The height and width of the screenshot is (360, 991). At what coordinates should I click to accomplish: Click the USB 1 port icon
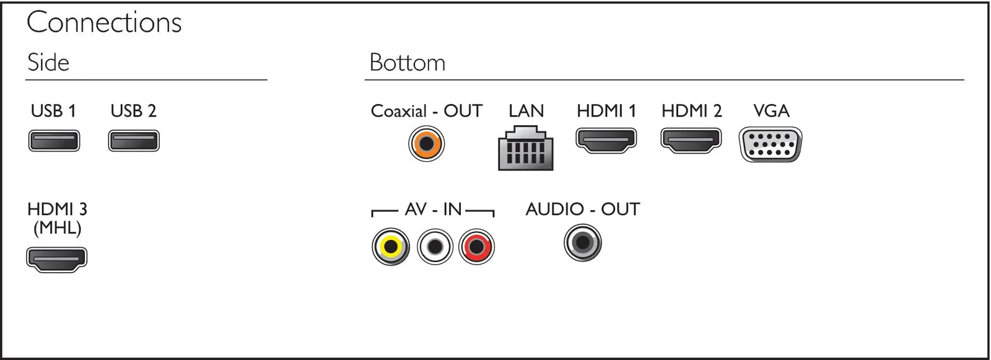pyautogui.click(x=54, y=141)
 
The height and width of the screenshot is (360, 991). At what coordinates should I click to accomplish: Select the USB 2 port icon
pyautogui.click(x=134, y=141)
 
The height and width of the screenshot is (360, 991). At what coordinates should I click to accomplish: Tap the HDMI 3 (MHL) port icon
pyautogui.click(x=56, y=260)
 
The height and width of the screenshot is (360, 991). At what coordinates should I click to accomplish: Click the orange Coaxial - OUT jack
pyautogui.click(x=426, y=144)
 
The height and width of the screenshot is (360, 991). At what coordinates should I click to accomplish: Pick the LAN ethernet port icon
pyautogui.click(x=526, y=148)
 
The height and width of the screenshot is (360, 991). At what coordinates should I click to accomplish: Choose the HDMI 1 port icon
pyautogui.click(x=606, y=141)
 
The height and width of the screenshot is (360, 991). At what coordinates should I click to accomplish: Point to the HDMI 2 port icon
pyautogui.click(x=691, y=141)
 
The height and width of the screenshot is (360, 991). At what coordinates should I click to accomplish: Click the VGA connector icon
pyautogui.click(x=771, y=145)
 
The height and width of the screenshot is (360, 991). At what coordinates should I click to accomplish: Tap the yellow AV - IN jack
pyautogui.click(x=391, y=247)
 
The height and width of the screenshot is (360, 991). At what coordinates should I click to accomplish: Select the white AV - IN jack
pyautogui.click(x=435, y=247)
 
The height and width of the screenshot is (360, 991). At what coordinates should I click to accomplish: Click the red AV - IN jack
pyautogui.click(x=476, y=247)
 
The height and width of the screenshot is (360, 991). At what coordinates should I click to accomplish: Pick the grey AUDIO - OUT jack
pyautogui.click(x=583, y=243)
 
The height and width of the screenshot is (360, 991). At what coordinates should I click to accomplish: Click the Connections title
pyautogui.click(x=104, y=22)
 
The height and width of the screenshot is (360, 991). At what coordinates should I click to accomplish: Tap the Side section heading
pyautogui.click(x=48, y=63)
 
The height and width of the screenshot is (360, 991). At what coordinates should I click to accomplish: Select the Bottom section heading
pyautogui.click(x=408, y=63)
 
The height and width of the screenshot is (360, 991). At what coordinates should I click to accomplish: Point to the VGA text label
pyautogui.click(x=771, y=111)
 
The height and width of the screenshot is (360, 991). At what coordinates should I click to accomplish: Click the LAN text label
pyautogui.click(x=526, y=111)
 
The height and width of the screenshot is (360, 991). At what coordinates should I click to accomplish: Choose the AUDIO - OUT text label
pyautogui.click(x=583, y=209)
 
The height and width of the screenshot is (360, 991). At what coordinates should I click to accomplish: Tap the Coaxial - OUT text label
pyautogui.click(x=427, y=111)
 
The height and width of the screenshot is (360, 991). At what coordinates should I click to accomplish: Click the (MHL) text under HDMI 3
pyautogui.click(x=58, y=228)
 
